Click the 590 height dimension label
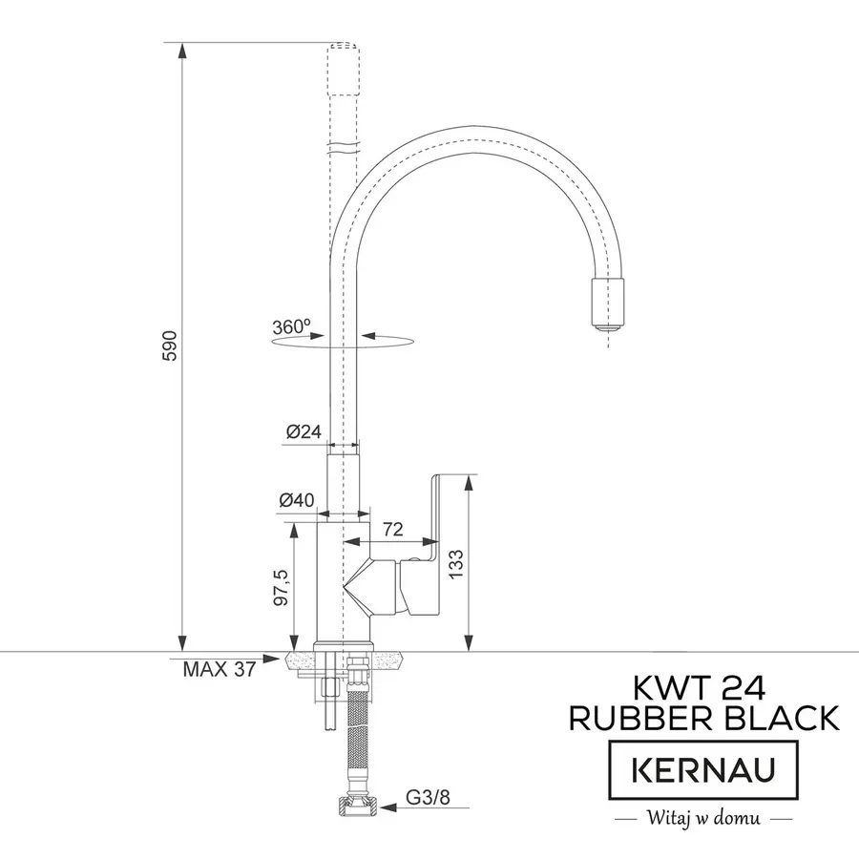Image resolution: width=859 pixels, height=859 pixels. click(170, 346)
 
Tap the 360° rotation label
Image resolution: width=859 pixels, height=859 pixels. click(292, 326)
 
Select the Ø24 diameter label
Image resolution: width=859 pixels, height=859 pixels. click(304, 431)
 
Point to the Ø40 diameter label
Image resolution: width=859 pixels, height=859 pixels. click(298, 500)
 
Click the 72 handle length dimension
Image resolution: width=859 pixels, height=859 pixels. click(392, 528)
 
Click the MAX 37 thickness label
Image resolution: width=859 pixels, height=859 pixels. click(219, 669)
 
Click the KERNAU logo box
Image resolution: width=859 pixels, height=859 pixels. click(704, 768)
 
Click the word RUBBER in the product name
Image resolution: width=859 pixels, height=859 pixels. click(636, 718)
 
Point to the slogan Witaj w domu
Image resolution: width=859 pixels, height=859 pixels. click(703, 818)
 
